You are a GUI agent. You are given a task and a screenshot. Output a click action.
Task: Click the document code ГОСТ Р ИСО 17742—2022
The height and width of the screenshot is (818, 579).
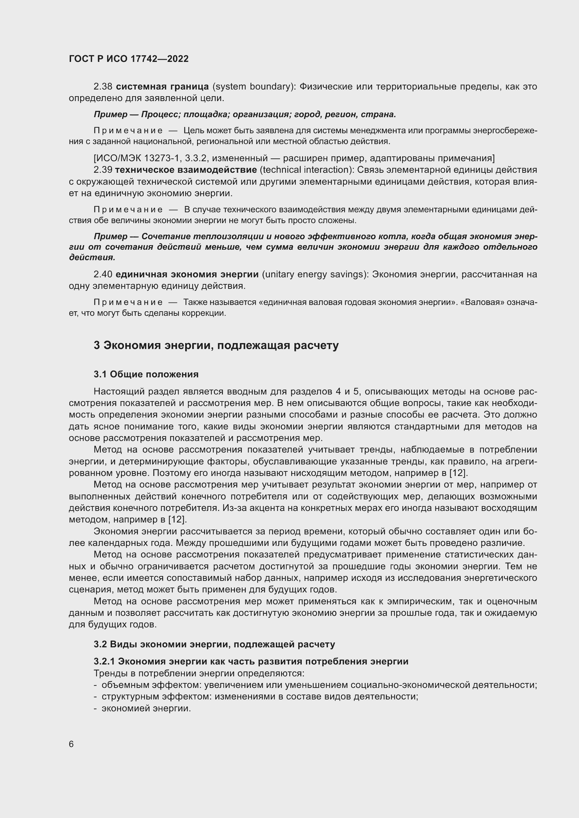point(129,59)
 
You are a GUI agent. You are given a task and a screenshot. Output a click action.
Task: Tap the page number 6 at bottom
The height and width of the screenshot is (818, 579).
point(71,744)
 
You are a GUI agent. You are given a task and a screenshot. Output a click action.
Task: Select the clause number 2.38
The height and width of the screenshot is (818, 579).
point(103,87)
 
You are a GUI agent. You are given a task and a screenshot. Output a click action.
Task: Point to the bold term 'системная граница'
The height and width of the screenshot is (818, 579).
point(162,87)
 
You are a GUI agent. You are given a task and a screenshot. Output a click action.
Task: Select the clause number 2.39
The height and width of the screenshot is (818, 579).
point(103,170)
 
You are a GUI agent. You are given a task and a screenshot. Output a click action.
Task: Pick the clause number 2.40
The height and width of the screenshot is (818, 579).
point(103,274)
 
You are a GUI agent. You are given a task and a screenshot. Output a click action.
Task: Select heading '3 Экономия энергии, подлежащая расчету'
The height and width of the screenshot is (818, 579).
point(216,345)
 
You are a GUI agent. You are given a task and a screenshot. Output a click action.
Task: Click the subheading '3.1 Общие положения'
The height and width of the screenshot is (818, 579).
point(146,374)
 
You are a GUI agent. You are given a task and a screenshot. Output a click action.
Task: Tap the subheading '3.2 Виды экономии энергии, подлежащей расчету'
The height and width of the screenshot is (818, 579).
point(214,644)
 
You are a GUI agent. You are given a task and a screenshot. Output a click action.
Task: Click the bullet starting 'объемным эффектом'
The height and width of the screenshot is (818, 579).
point(319,685)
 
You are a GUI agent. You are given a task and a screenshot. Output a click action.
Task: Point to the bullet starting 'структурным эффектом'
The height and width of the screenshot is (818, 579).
point(259,696)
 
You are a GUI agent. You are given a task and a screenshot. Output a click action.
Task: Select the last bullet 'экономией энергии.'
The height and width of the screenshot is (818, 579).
point(146,708)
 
